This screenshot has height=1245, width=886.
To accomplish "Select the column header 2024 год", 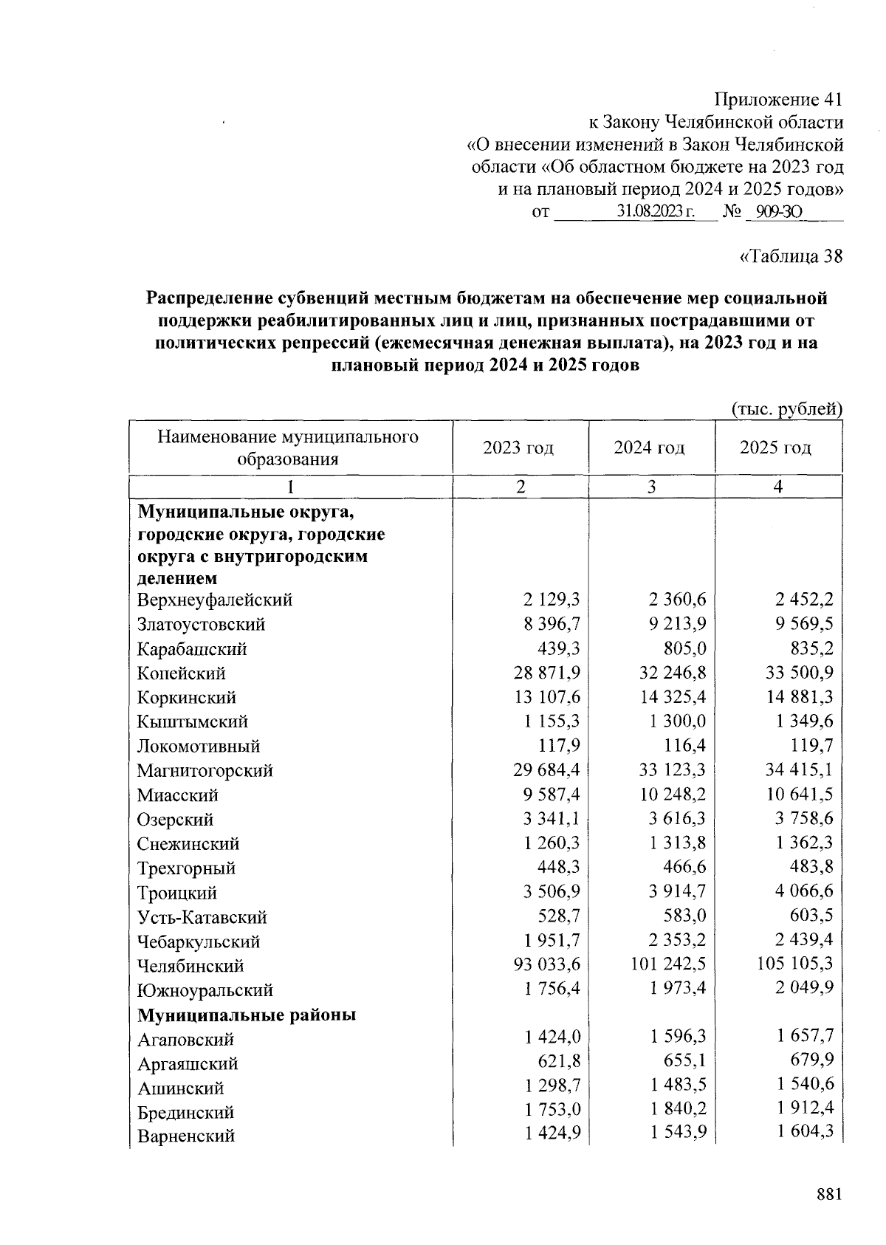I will (x=649, y=448).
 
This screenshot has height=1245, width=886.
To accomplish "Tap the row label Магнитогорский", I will (x=205, y=771).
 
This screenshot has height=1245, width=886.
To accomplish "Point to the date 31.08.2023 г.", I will (x=656, y=213).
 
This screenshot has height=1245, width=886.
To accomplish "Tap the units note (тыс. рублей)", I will (x=786, y=408).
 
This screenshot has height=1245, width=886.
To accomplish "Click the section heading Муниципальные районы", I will (x=247, y=1015).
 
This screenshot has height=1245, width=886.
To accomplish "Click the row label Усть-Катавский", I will (x=202, y=918).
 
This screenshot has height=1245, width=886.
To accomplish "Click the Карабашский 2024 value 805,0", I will (x=684, y=648).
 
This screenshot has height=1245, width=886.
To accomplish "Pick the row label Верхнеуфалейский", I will (x=215, y=600).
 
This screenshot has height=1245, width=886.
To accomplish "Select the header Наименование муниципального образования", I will (x=288, y=448).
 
